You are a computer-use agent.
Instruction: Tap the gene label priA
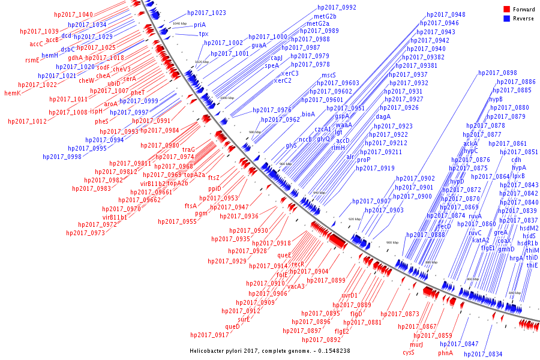click(x=200, y=25)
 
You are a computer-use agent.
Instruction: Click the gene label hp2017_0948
click(x=446, y=14)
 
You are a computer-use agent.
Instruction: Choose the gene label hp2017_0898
click(x=497, y=73)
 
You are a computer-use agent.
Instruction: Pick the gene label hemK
click(x=12, y=93)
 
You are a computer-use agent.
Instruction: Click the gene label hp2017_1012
click(x=27, y=121)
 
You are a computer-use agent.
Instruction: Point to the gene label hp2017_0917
click(x=209, y=335)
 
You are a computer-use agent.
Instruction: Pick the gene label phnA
click(x=445, y=353)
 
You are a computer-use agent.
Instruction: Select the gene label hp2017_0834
click(x=483, y=354)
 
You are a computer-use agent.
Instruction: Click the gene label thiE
click(x=532, y=265)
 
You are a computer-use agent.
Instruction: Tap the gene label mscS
click(x=328, y=75)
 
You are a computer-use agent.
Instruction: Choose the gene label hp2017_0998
click(x=66, y=156)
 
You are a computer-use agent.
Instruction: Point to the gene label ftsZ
click(x=214, y=178)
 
